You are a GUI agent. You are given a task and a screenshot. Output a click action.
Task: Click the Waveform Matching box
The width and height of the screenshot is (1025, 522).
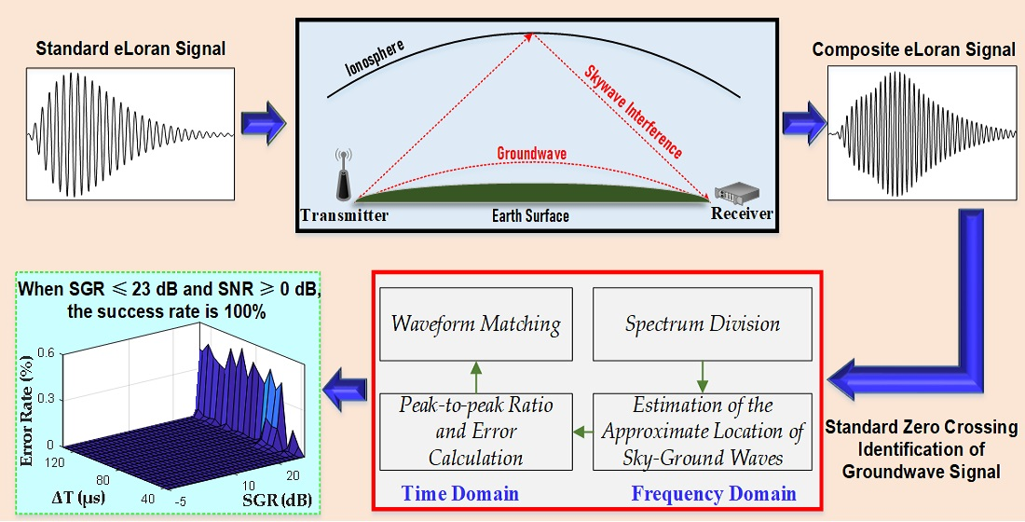(x=475, y=324)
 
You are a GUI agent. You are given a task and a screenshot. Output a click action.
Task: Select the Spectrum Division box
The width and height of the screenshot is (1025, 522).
(x=703, y=324)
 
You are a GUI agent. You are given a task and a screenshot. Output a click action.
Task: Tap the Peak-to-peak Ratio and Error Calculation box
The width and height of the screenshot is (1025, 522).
(x=475, y=432)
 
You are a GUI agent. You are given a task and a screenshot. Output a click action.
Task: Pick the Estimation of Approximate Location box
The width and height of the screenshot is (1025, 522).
(x=703, y=432)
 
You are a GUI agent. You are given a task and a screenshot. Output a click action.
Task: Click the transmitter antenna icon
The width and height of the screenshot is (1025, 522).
(x=342, y=177)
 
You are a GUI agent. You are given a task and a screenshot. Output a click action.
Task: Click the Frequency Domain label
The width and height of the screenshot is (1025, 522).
(x=714, y=492)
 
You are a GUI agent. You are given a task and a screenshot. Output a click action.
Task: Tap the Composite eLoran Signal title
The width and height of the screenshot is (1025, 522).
(x=913, y=49)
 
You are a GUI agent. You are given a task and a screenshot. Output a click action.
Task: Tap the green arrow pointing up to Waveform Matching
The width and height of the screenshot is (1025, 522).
(x=475, y=378)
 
